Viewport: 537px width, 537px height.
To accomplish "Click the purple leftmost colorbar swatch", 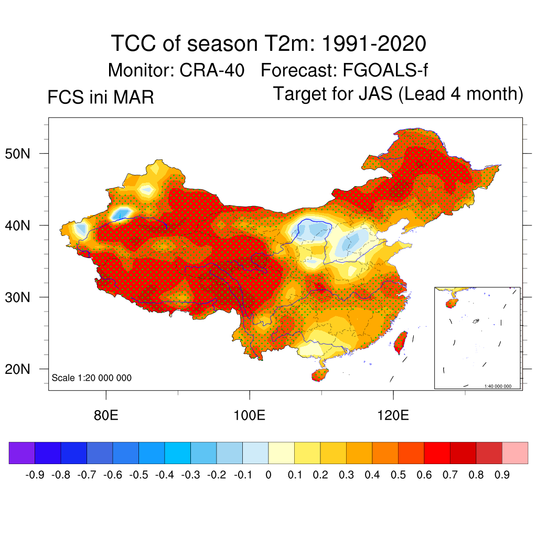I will pyautogui.click(x=22, y=453).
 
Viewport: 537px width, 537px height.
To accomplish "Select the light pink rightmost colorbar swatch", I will pyautogui.click(x=515, y=453).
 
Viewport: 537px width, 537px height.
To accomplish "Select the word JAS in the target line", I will pyautogui.click(x=376, y=94).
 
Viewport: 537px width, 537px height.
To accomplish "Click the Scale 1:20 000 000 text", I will pyautogui.click(x=91, y=378).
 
